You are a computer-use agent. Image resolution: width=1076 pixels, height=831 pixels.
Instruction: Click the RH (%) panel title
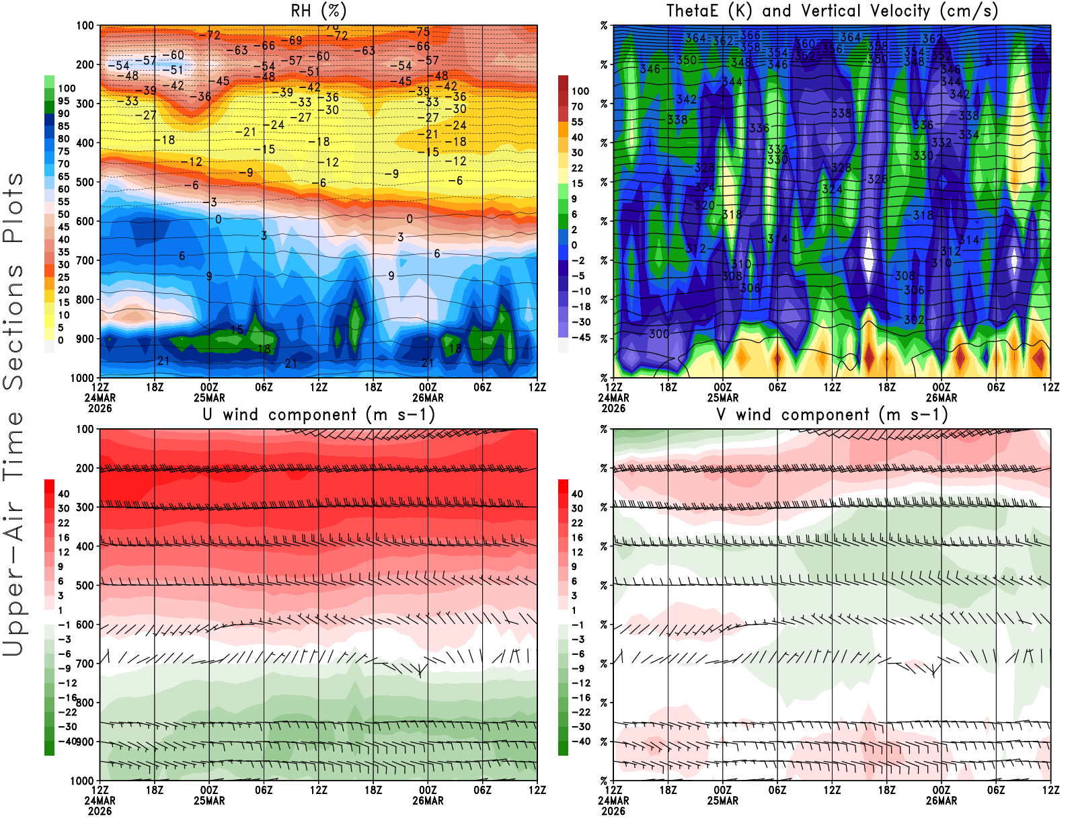click(318, 11)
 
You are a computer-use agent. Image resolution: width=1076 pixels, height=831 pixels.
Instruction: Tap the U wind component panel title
click(319, 414)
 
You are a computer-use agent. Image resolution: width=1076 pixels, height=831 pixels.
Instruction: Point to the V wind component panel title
click(832, 414)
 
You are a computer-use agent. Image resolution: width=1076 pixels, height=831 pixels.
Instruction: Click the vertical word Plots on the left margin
click(13, 208)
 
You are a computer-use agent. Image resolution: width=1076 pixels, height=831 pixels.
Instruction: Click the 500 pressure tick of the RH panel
click(85, 182)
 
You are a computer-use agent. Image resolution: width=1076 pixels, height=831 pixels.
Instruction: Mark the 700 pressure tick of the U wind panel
click(85, 664)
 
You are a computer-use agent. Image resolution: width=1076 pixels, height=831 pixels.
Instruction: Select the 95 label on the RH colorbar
click(63, 101)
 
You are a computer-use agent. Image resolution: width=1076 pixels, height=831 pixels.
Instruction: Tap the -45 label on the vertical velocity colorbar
click(580, 338)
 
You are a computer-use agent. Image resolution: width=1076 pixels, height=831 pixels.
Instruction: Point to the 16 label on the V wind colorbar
click(577, 537)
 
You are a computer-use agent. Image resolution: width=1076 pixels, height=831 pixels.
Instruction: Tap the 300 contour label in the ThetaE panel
click(659, 333)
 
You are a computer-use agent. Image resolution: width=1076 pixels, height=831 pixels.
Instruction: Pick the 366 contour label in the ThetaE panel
click(750, 35)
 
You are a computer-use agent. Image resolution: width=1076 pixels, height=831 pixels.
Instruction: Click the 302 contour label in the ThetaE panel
click(913, 320)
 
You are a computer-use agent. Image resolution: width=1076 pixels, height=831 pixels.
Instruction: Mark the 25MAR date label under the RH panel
click(209, 397)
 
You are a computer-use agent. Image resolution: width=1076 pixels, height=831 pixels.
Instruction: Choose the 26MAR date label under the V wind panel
click(941, 801)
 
